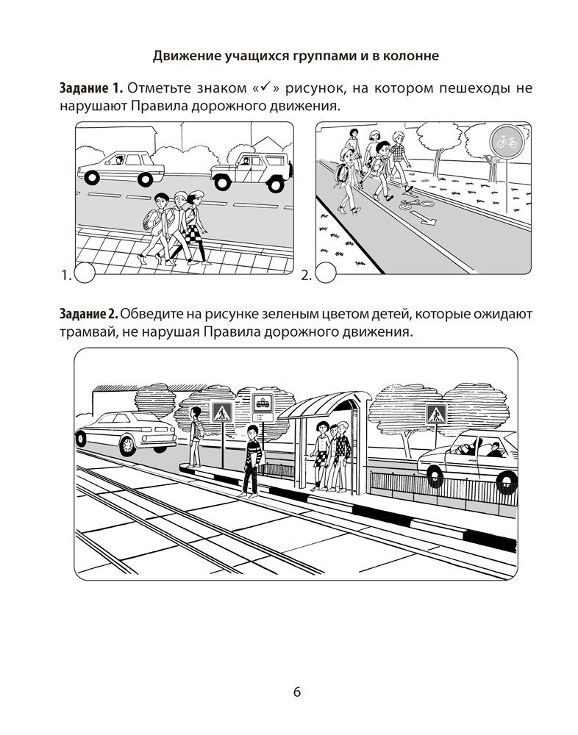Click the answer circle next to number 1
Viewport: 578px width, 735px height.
[x=86, y=274]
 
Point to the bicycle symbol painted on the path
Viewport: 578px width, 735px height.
[x=410, y=204]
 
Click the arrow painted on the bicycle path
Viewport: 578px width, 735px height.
[x=425, y=217]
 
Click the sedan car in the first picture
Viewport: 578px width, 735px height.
[x=121, y=168]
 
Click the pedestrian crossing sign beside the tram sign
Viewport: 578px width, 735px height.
[x=221, y=412]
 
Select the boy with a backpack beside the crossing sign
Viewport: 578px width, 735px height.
[x=195, y=437]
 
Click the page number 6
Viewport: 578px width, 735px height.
[x=296, y=692]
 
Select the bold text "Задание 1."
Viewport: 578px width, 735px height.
[x=90, y=89]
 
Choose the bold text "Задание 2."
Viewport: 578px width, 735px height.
[x=90, y=314]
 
